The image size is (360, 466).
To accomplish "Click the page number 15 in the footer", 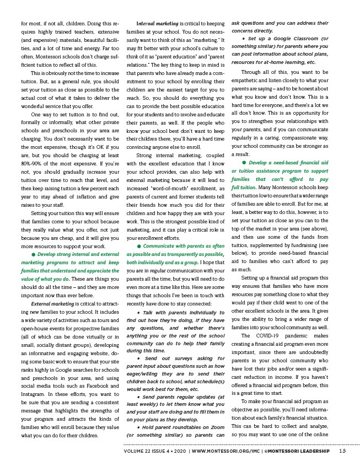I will (342, 451).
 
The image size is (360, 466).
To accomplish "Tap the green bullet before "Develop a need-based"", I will (244, 163).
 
